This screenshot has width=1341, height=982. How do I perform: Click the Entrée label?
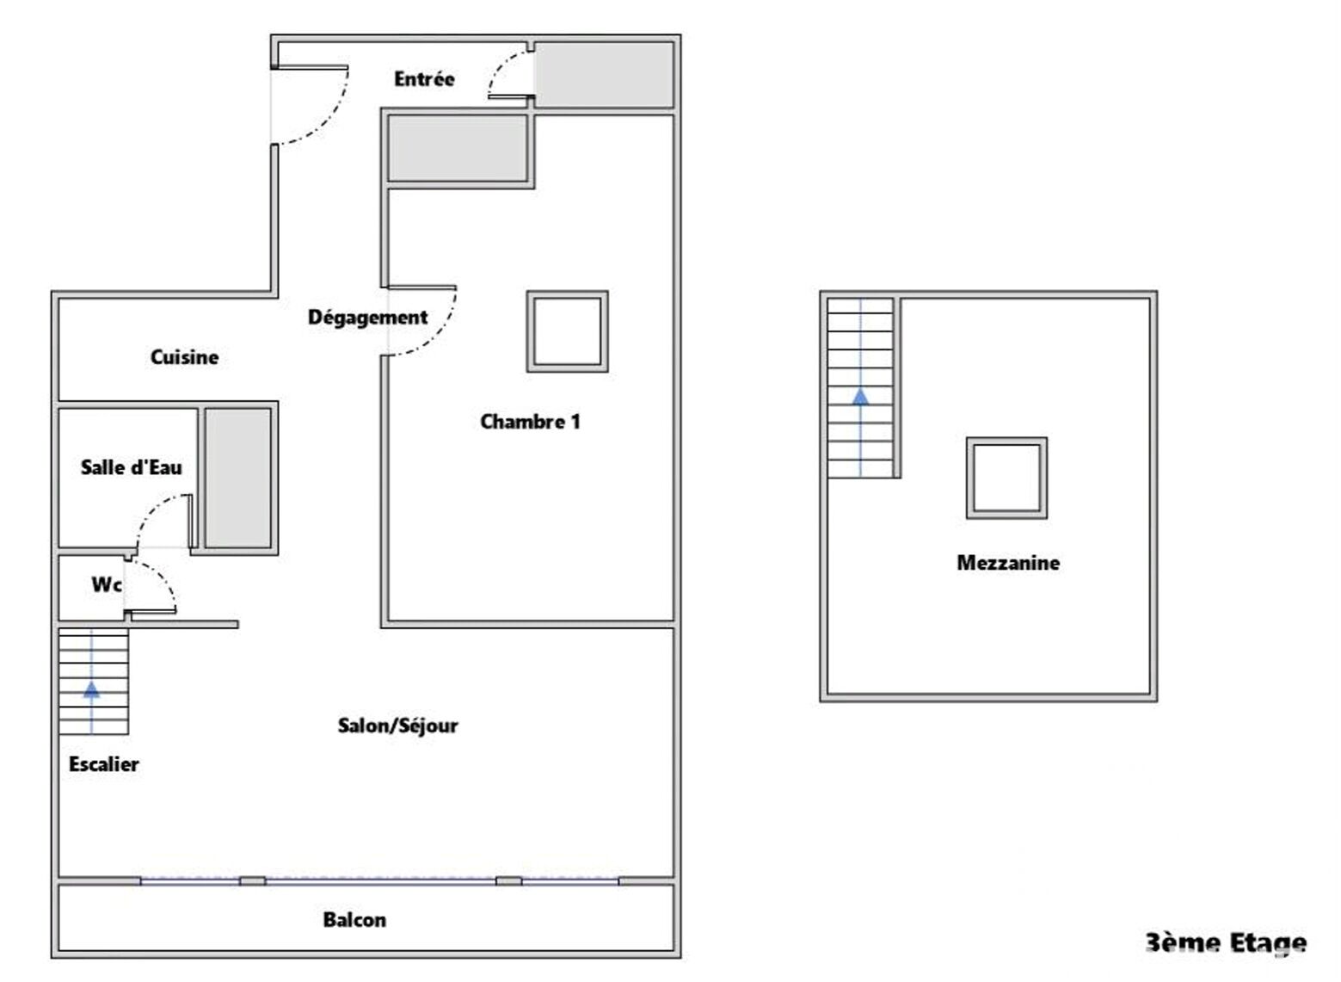click(x=424, y=78)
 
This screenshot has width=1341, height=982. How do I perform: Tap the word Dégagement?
click(x=367, y=317)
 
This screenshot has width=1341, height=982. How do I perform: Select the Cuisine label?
click(x=184, y=357)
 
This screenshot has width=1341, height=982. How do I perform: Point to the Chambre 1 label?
click(x=531, y=422)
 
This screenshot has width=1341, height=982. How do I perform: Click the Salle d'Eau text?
click(x=131, y=467)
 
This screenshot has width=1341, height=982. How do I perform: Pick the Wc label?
click(x=107, y=584)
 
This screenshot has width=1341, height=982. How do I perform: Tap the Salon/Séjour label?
click(x=397, y=726)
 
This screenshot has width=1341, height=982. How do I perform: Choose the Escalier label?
click(x=103, y=764)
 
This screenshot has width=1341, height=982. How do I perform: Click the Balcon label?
click(x=354, y=920)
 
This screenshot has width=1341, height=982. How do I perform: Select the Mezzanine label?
click(x=1008, y=563)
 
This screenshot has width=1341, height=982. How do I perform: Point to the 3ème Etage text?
click(x=1226, y=943)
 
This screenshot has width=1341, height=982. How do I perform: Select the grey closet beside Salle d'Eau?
click(x=238, y=479)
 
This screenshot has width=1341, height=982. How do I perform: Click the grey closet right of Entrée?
click(x=604, y=74)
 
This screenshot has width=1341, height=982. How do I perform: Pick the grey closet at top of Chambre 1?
click(x=458, y=148)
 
